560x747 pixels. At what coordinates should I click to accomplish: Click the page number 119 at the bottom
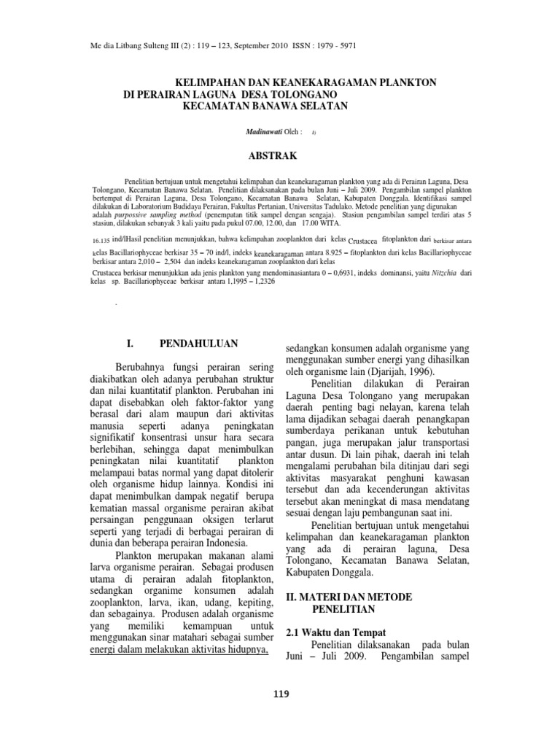[280, 694]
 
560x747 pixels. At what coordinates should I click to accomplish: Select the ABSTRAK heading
[271, 155]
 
